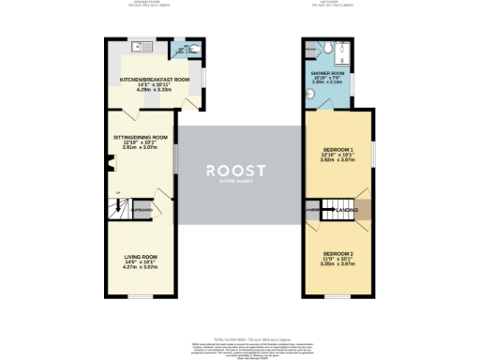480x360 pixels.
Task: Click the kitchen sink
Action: pyautogui.click(x=136, y=46)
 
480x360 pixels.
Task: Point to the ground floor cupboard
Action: pyautogui.click(x=142, y=210)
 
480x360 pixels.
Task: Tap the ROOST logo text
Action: pyautogui.click(x=236, y=170)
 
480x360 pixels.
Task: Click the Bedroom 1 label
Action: pyautogui.click(x=338, y=150)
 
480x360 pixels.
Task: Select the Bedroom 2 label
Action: pyautogui.click(x=338, y=254)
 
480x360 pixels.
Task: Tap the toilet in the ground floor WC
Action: pyautogui.click(x=185, y=49)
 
